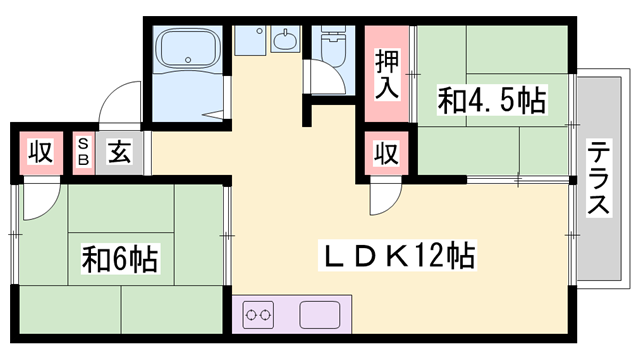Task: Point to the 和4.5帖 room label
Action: pyautogui.click(x=491, y=100)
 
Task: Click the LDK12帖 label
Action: pyautogui.click(x=396, y=254)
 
